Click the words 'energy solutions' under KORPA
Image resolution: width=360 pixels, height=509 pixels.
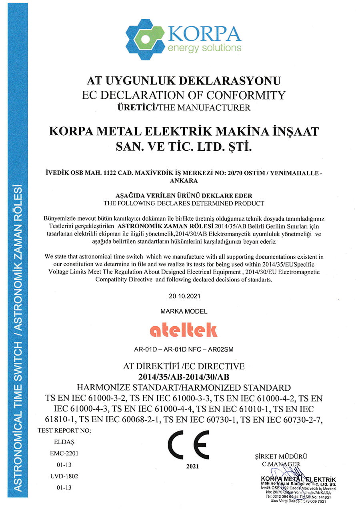pos(204,48)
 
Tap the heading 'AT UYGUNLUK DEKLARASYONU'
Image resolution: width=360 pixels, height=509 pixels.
pos(184,81)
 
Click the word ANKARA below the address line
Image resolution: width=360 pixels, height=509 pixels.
pos(184,181)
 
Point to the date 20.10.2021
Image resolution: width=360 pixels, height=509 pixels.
pos(184,297)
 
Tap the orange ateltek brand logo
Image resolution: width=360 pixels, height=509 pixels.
pos(184,330)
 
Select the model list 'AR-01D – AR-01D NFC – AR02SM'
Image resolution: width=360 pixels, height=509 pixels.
pos(184,349)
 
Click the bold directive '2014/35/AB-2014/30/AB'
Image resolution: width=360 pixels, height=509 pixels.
pos(184,377)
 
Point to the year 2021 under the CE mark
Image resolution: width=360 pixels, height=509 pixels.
pos(192,466)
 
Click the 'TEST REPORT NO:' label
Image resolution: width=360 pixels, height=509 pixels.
pos(64,431)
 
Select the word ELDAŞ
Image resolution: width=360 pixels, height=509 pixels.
pos(62,442)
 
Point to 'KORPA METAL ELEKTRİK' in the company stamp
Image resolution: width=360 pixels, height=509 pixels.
pos(298,479)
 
